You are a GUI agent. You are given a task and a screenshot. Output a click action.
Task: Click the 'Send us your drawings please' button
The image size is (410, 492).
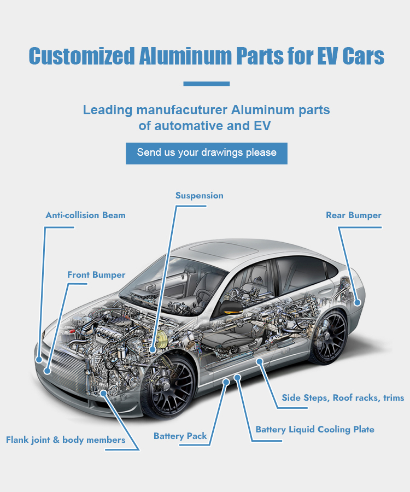pyautogui.click(x=207, y=153)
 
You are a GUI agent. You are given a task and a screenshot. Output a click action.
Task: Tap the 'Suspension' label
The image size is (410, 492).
pyautogui.click(x=199, y=196)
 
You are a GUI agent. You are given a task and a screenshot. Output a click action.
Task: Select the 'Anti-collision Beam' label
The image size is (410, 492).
pyautogui.click(x=85, y=215)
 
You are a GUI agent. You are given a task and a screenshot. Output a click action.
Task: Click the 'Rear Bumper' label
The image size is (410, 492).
pyautogui.click(x=354, y=215)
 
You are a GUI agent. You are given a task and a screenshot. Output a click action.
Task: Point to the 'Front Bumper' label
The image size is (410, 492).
pyautogui.click(x=96, y=275)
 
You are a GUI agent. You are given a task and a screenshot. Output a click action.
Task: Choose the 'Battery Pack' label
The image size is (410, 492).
pyautogui.click(x=180, y=436)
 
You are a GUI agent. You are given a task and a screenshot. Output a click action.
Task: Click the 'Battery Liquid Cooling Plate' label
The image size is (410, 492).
pyautogui.click(x=315, y=430)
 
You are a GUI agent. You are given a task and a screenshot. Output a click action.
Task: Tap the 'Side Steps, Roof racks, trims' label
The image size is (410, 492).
pyautogui.click(x=343, y=398)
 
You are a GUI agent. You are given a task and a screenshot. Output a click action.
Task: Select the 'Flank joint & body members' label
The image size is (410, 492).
pyautogui.click(x=66, y=440)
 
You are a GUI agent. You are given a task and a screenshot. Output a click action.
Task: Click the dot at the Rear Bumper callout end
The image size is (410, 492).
pyautogui.click(x=358, y=303)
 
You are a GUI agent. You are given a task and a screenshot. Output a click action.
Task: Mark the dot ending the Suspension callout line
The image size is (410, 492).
pyautogui.click(x=153, y=349)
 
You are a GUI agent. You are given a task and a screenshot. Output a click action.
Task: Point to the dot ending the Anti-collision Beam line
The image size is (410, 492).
pyautogui.click(x=39, y=360)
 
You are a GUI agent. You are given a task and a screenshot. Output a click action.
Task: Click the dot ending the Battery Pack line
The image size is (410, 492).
pyautogui.click(x=226, y=382)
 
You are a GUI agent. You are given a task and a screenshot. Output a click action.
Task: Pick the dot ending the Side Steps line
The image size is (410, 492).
pyautogui.click(x=260, y=361)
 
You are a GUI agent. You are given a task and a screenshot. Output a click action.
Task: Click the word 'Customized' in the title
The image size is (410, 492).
pyautogui.click(x=81, y=56)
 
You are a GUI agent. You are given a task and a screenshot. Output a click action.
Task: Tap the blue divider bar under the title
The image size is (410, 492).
pyautogui.click(x=207, y=84)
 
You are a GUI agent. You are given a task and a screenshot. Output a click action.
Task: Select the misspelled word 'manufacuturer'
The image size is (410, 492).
pyautogui.click(x=182, y=110)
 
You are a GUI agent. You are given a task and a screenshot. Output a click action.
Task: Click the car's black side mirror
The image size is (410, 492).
pyautogui.click(x=231, y=307)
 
